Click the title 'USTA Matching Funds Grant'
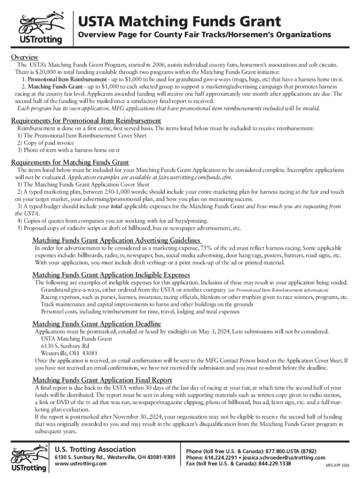click(x=179, y=21)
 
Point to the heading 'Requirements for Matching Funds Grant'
click(x=70, y=162)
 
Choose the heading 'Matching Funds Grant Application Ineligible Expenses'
click(x=111, y=275)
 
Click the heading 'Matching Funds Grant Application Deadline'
click(x=96, y=324)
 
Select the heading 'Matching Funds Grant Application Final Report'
click(x=102, y=380)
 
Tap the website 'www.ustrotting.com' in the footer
click(x=81, y=464)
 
